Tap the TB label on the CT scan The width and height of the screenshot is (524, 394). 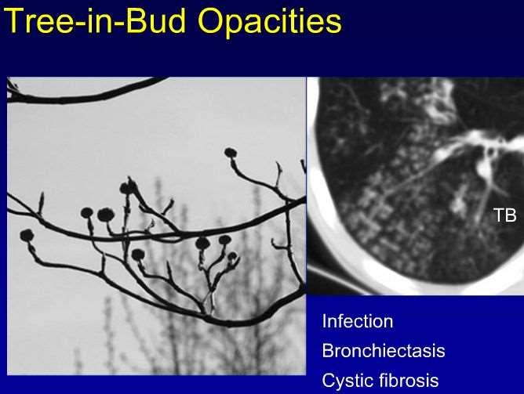(505, 215)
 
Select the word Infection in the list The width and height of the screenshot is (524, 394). (358, 321)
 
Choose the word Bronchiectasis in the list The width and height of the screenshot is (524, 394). (384, 351)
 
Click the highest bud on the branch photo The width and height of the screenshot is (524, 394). (231, 153)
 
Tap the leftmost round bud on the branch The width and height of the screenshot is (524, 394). (27, 235)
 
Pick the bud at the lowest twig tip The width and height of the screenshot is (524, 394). (138, 255)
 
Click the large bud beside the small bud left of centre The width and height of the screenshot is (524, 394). (106, 215)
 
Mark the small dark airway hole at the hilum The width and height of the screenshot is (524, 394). (490, 152)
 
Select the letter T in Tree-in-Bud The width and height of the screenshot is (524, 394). (13, 20)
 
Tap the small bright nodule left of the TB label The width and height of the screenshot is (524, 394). (458, 204)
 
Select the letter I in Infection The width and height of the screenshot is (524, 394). (324, 321)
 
